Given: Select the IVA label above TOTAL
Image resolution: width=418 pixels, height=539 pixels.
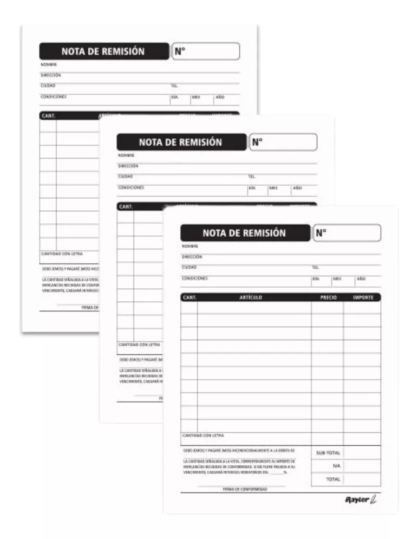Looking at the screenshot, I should (x=336, y=465).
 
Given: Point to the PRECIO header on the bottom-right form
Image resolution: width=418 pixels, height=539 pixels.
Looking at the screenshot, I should (x=328, y=297).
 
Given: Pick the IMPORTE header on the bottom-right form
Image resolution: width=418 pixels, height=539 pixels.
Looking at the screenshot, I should (x=363, y=297).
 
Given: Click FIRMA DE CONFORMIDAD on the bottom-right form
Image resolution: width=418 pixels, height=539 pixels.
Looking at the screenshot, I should (x=245, y=489).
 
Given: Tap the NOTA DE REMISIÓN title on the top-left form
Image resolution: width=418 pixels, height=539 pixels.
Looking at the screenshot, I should (x=103, y=51).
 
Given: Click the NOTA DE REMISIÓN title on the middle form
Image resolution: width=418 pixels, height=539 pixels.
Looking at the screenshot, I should (x=181, y=142).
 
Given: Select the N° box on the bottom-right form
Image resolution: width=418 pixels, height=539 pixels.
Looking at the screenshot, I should (x=347, y=233).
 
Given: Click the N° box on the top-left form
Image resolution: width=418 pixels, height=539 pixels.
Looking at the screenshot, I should (x=206, y=51).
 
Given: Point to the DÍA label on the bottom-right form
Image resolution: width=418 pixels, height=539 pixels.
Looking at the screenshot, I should (x=316, y=278).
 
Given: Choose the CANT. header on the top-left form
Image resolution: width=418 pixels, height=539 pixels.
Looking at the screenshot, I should (x=49, y=115).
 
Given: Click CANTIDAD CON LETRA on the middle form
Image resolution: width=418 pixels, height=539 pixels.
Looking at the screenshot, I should (x=135, y=345).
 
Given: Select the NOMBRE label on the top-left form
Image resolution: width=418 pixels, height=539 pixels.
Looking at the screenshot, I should (x=49, y=64).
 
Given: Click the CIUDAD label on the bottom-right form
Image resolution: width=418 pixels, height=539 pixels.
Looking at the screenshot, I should (x=189, y=268).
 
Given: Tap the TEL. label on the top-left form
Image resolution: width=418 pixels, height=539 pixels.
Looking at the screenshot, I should (x=174, y=86).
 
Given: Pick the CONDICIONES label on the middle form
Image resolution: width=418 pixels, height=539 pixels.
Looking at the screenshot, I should (x=131, y=187).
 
